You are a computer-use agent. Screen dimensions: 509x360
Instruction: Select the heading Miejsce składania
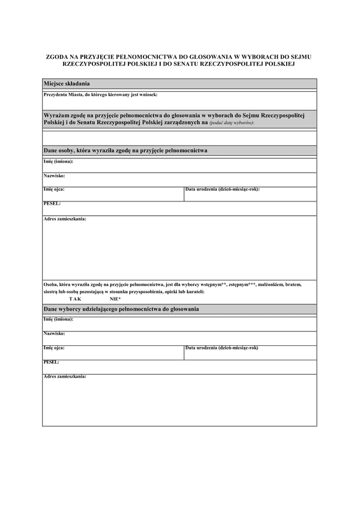pyautogui.click(x=67, y=83)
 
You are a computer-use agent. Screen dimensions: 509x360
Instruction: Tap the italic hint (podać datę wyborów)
pyautogui.click(x=232, y=122)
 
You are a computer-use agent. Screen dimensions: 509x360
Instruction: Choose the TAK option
pyautogui.click(x=75, y=298)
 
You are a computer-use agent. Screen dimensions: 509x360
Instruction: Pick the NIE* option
pyautogui.click(x=115, y=298)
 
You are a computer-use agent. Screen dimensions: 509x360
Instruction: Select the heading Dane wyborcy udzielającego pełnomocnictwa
pyautogui.click(x=121, y=308)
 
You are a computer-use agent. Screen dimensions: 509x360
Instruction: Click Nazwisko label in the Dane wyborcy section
pyautogui.click(x=54, y=333)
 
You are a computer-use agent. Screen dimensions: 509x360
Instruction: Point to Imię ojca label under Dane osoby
pyautogui.click(x=54, y=189)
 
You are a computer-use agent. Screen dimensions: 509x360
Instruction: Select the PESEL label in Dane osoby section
pyautogui.click(x=52, y=203)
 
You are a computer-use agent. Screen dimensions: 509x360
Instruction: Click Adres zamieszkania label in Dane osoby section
pyautogui.click(x=65, y=219)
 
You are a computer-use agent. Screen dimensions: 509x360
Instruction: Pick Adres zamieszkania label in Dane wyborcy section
pyautogui.click(x=65, y=377)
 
